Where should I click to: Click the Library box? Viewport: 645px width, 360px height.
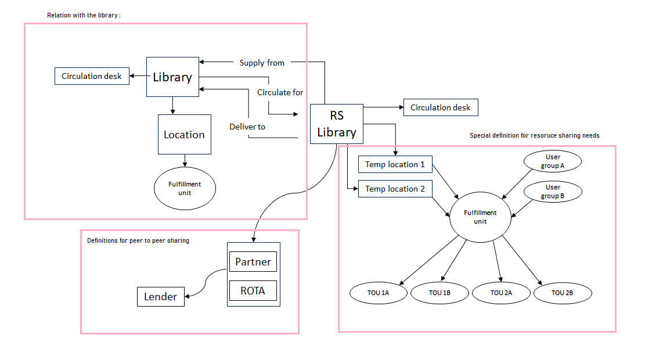(x=172, y=77)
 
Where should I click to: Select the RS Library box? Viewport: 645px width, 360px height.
(x=336, y=124)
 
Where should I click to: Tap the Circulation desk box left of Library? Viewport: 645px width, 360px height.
(x=92, y=76)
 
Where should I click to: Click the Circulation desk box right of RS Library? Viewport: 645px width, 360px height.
(x=441, y=107)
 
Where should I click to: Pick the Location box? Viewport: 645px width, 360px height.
(x=184, y=134)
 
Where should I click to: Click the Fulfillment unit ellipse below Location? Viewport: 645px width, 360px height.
(x=185, y=188)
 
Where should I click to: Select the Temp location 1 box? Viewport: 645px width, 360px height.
(x=395, y=164)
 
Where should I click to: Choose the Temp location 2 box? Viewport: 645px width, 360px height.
(x=395, y=189)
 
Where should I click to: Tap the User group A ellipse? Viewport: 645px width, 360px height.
(x=553, y=161)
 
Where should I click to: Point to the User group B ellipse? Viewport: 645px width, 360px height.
(x=553, y=192)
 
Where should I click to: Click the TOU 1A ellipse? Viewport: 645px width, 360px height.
(x=378, y=293)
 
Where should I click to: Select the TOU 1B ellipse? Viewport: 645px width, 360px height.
(x=439, y=293)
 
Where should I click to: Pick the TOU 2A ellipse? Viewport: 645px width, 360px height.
(x=501, y=293)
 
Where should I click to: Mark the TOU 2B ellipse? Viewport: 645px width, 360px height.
(x=563, y=293)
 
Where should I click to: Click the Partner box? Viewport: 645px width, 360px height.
(x=253, y=262)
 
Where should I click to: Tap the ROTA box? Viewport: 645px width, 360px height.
(x=253, y=290)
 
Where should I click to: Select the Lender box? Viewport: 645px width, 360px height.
(x=160, y=297)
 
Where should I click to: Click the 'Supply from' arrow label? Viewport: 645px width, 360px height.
(x=262, y=63)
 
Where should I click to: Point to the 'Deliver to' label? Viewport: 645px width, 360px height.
(x=247, y=126)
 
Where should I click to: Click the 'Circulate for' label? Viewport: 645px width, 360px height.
(x=280, y=92)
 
